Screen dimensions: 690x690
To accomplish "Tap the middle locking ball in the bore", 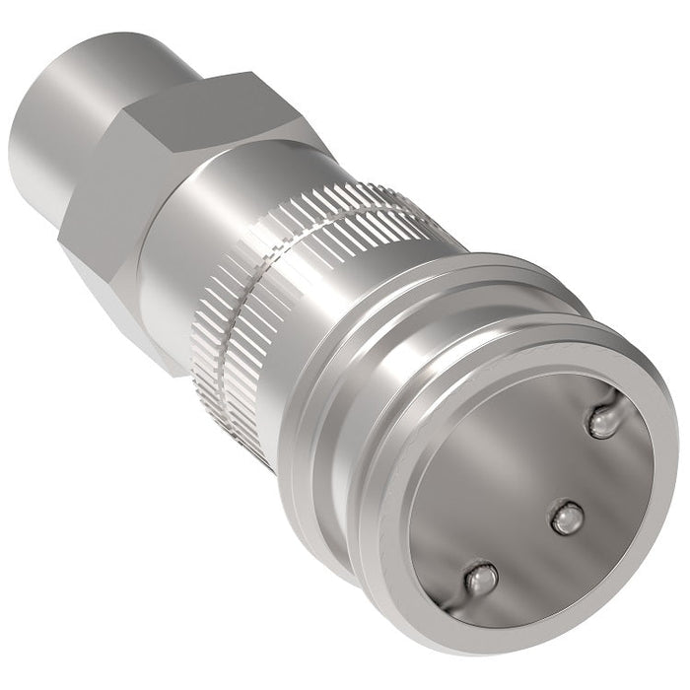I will (x=565, y=517).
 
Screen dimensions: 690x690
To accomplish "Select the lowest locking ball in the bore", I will (x=480, y=579).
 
